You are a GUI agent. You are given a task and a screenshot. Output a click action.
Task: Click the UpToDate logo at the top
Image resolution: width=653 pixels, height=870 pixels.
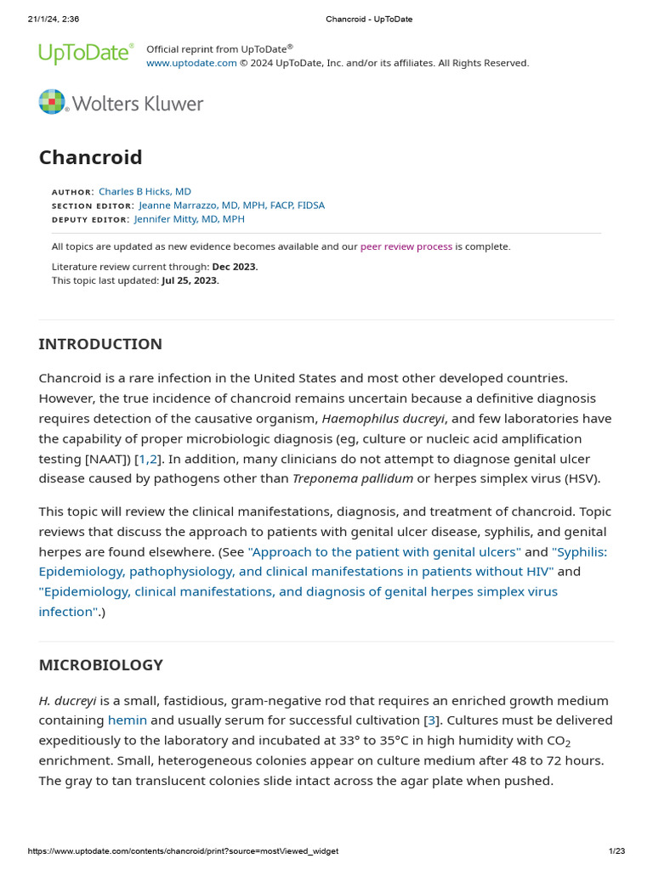pyautogui.click(x=86, y=54)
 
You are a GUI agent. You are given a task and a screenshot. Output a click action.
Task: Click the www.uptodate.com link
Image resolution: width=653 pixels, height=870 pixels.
pyautogui.click(x=191, y=63)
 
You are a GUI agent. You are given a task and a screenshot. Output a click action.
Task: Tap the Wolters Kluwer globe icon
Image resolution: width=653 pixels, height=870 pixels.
pyautogui.click(x=52, y=102)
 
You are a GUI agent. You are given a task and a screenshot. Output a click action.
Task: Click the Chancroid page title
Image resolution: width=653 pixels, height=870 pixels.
pyautogui.click(x=90, y=157)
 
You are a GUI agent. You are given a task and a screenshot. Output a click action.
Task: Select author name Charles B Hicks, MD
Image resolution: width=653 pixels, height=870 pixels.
pyautogui.click(x=145, y=192)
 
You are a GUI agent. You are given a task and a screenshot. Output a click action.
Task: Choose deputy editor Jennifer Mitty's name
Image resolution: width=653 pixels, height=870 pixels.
pyautogui.click(x=190, y=219)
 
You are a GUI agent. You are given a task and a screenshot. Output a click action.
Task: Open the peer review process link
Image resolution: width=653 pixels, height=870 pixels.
pyautogui.click(x=406, y=247)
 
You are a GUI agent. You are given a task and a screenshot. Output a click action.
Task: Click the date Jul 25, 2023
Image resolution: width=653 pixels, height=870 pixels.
pyautogui.click(x=190, y=280)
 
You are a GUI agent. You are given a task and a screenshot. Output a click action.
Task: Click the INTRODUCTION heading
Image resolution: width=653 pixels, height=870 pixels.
pyautogui.click(x=100, y=344)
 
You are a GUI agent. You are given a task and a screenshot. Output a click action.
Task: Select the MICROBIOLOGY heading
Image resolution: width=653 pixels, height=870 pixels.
pyautogui.click(x=101, y=665)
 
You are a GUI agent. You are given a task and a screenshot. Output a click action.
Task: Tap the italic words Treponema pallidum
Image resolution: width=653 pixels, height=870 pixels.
pyautogui.click(x=353, y=478)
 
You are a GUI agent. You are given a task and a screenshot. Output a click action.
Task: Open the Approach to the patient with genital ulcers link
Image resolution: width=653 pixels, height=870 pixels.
pyautogui.click(x=384, y=552)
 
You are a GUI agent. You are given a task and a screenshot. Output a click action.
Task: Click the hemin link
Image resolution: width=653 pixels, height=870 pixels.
pyautogui.click(x=128, y=720)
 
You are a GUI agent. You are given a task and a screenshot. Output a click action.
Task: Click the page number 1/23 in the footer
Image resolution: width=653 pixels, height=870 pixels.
pyautogui.click(x=616, y=851)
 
